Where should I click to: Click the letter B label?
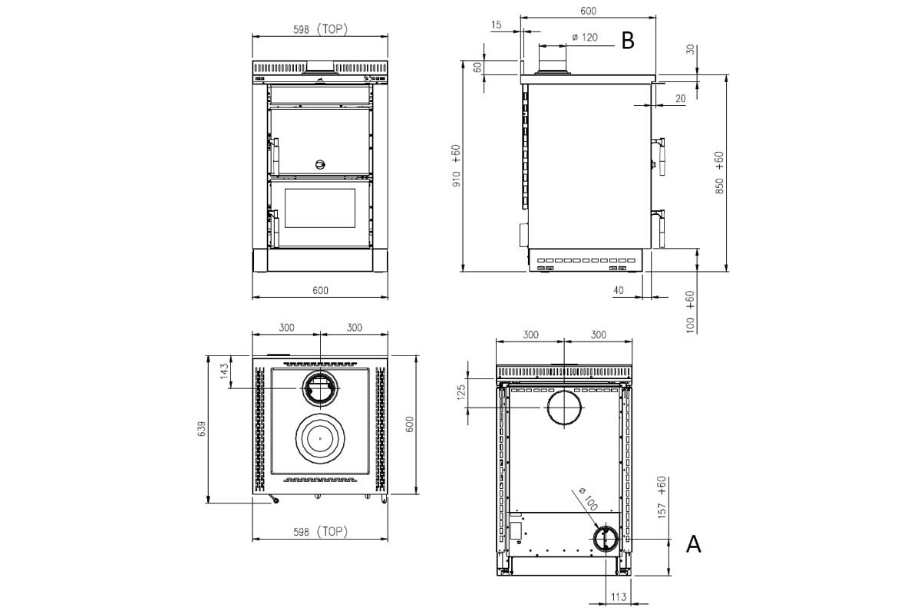[x=628, y=41]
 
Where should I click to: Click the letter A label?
[x=694, y=544]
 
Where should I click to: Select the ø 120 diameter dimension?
[x=585, y=38]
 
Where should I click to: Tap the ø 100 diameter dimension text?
[x=588, y=499]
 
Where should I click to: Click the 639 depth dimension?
[x=202, y=428]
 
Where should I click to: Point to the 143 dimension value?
[x=224, y=371]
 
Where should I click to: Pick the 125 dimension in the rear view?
[x=461, y=392]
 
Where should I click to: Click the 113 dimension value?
[x=619, y=596]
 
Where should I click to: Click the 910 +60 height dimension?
[x=456, y=166]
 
